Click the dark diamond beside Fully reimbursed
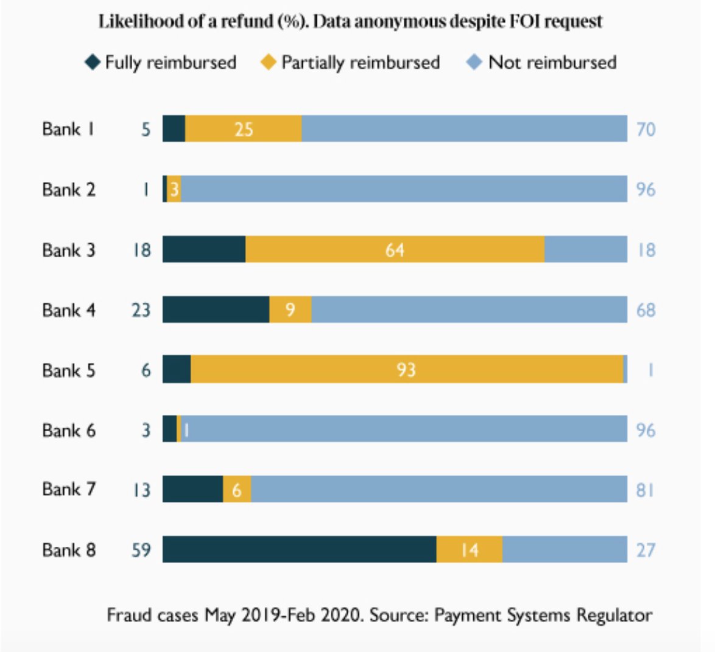(x=93, y=62)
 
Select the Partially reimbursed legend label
(x=360, y=63)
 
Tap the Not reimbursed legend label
(x=552, y=63)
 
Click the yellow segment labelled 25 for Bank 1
(x=243, y=129)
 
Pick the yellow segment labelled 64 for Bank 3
(x=395, y=250)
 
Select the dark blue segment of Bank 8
(x=299, y=550)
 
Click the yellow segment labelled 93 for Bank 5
(x=407, y=370)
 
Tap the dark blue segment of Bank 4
(x=216, y=310)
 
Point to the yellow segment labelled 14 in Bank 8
(x=469, y=550)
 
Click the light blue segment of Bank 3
(x=585, y=250)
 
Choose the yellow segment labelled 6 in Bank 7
(x=237, y=490)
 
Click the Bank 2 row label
(x=69, y=190)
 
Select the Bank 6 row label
(x=69, y=431)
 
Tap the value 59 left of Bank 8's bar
(x=141, y=550)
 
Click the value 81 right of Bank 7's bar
(x=645, y=490)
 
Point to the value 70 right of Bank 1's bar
(x=646, y=130)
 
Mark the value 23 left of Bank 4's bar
(x=141, y=310)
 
